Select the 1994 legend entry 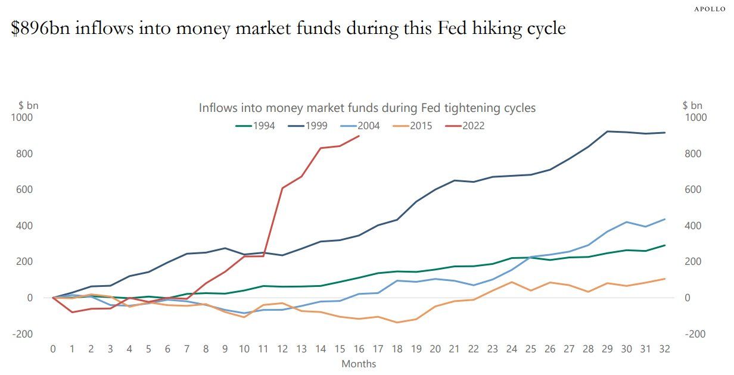256,126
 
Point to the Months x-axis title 359,363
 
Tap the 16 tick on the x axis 359,348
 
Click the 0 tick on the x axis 53,348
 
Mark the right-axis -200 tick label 695,334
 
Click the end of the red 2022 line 359,136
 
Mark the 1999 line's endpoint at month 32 665,133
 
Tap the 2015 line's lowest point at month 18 397,323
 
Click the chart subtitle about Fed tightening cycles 367,108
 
